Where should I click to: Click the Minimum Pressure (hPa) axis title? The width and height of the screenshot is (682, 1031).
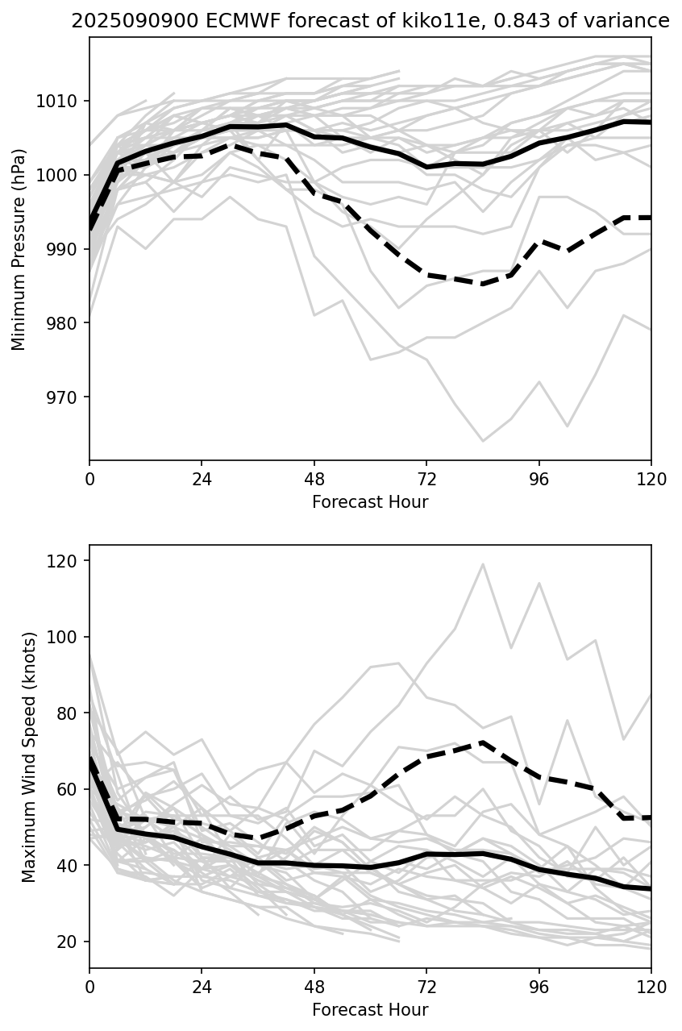19,249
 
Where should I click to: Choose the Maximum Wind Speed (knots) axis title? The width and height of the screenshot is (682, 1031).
29,756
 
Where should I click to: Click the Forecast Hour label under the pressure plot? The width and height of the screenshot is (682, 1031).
370,502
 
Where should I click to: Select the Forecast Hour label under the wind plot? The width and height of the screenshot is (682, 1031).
370,1010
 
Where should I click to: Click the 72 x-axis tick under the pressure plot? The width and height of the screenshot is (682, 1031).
426,479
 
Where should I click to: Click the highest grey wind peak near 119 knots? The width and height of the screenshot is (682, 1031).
483,563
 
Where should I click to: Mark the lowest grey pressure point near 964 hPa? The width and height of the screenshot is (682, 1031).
483,441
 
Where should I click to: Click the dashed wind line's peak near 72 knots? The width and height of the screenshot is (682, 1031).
482,742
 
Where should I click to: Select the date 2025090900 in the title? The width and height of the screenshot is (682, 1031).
124,22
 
